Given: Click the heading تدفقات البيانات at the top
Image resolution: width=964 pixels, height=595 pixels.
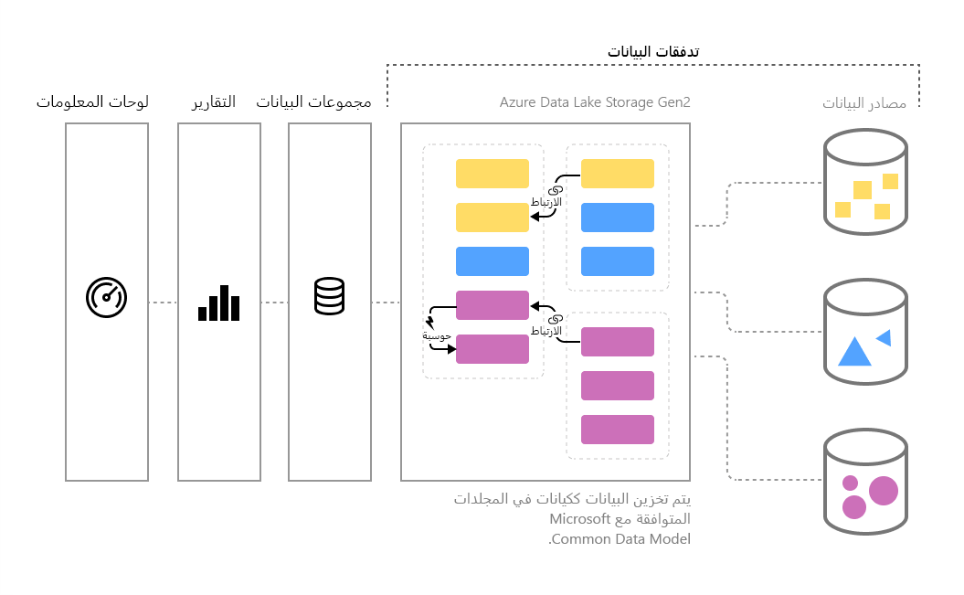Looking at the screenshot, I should click(653, 51).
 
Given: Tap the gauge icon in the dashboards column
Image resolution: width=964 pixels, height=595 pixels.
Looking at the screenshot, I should click(106, 298).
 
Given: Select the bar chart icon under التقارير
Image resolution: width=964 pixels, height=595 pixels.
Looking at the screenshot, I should click(218, 303).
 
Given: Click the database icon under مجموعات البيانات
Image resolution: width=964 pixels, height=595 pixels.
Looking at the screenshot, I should click(329, 296).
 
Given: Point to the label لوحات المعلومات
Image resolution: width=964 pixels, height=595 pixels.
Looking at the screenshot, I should click(92, 101).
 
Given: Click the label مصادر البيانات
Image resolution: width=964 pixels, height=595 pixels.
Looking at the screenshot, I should click(863, 102).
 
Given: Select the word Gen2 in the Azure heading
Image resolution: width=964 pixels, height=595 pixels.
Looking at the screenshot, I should click(673, 101).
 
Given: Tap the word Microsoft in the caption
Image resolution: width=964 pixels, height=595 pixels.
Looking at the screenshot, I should click(579, 519).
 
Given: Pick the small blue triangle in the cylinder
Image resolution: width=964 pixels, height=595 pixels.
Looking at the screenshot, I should click(884, 337).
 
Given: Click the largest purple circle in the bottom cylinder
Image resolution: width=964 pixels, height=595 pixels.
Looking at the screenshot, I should click(883, 490).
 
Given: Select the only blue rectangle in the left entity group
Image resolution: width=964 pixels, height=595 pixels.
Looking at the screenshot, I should click(493, 261).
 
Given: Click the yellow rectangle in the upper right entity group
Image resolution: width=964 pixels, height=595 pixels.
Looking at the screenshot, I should click(618, 174).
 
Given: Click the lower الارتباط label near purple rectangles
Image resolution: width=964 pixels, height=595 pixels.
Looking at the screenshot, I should click(546, 330).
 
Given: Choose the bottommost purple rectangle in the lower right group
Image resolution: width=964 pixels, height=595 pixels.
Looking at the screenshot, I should click(618, 430).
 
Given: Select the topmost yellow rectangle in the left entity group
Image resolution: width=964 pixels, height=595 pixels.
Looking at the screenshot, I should click(493, 174).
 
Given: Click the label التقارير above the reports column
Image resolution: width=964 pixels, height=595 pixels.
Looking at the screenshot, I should click(213, 101).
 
